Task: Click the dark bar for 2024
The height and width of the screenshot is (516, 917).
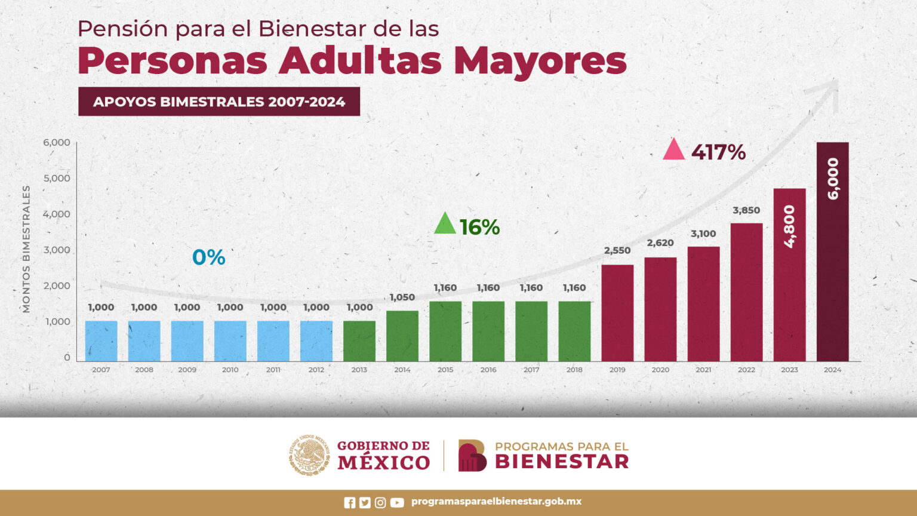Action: click(832, 251)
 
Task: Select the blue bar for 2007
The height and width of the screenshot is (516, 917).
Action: click(101, 341)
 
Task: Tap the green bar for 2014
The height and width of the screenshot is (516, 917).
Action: click(402, 336)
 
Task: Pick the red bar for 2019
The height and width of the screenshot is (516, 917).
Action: click(617, 313)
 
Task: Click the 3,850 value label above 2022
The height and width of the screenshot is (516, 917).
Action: click(746, 210)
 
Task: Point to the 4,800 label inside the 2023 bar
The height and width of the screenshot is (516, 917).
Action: click(789, 226)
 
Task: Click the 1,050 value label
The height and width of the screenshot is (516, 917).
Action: click(402, 297)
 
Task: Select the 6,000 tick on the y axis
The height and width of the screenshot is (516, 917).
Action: click(56, 143)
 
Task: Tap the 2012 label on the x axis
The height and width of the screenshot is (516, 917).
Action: click(316, 370)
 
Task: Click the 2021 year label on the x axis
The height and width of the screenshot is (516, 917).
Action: click(703, 370)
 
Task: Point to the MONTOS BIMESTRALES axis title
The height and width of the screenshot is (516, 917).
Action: click(26, 249)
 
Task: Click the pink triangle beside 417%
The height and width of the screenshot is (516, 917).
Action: click(673, 150)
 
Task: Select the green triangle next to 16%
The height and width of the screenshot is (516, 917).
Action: click(444, 224)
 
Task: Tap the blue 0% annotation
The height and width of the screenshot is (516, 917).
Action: click(208, 257)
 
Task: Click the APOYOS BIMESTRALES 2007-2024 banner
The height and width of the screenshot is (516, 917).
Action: click(219, 102)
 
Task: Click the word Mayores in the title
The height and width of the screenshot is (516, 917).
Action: click(540, 61)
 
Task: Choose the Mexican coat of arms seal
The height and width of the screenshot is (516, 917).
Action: click(309, 455)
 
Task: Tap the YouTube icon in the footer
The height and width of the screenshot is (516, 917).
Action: click(397, 503)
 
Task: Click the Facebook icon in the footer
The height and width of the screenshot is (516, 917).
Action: click(350, 503)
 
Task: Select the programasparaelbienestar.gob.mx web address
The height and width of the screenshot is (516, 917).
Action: click(496, 502)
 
